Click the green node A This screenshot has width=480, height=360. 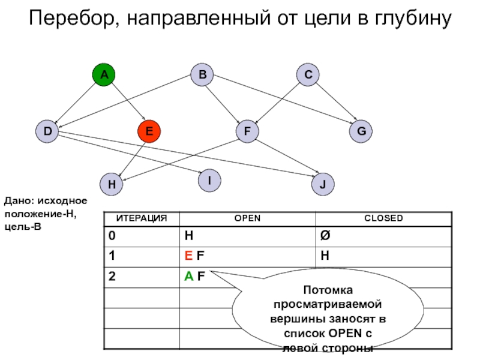point(104,75)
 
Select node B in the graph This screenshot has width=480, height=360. point(202,75)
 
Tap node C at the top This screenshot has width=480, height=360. point(308,75)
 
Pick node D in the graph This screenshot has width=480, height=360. point(47,131)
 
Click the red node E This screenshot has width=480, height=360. point(149,131)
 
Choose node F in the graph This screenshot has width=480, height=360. point(247,131)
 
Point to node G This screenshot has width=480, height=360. point(361,131)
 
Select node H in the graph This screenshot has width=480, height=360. point(112,184)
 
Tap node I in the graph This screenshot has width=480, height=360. point(209,180)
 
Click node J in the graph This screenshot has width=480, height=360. point(323,184)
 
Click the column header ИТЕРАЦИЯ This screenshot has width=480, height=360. point(142,218)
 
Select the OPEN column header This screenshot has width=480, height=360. point(247,218)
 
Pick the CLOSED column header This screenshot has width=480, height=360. point(384,218)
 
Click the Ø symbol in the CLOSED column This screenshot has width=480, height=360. point(325,236)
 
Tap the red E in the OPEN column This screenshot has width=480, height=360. point(188,256)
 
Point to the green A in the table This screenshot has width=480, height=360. point(188,277)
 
